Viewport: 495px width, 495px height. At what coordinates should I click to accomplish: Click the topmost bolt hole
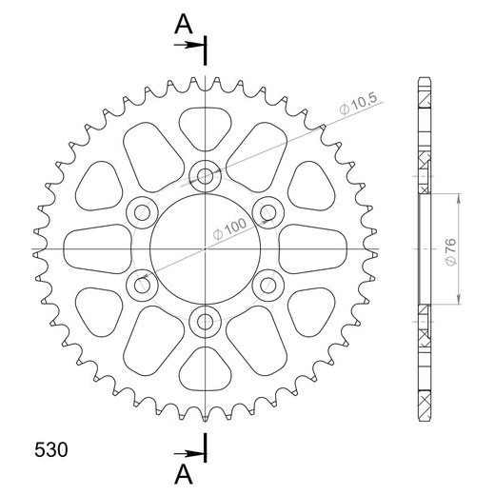205,175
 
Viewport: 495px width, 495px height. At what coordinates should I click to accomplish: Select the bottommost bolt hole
205,320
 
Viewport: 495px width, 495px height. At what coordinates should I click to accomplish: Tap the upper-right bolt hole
267,211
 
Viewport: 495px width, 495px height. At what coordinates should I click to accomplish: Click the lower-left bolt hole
142,284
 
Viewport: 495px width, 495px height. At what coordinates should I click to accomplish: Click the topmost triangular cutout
205,124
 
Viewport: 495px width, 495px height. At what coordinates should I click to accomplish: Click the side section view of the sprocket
425,247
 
